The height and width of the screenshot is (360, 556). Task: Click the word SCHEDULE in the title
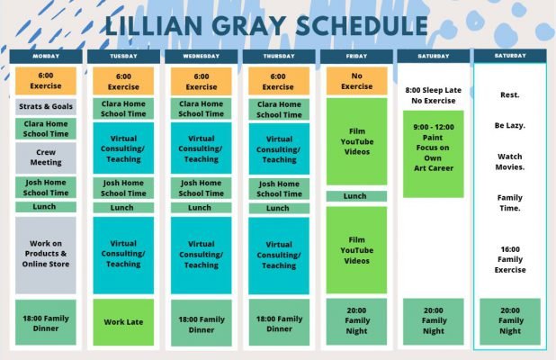[362, 25]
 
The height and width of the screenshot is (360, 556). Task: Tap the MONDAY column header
[46, 56]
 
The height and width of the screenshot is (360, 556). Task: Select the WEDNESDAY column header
[201, 56]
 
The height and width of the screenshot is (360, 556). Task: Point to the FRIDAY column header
[356, 56]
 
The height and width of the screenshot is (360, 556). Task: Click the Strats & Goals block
[46, 106]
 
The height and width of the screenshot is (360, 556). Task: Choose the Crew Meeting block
[46, 157]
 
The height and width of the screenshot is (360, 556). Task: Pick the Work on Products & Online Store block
[46, 255]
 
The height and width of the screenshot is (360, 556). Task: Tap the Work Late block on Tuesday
[123, 322]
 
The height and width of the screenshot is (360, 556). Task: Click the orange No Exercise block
[356, 81]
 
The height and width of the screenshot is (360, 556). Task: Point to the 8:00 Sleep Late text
[434, 90]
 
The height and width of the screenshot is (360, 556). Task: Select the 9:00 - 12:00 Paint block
[434, 154]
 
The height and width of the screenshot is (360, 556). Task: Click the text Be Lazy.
[510, 126]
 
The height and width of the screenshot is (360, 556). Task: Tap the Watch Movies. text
[510, 162]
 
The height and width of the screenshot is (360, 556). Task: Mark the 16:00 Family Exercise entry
[510, 259]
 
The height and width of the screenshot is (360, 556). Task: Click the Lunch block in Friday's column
[356, 196]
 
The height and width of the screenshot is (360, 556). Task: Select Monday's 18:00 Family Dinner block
[46, 322]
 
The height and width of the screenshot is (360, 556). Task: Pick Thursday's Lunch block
[279, 208]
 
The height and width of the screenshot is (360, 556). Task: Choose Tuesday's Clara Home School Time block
[123, 109]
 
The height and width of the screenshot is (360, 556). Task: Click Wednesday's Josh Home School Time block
[201, 188]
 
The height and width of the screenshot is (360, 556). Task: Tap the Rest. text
[510, 95]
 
